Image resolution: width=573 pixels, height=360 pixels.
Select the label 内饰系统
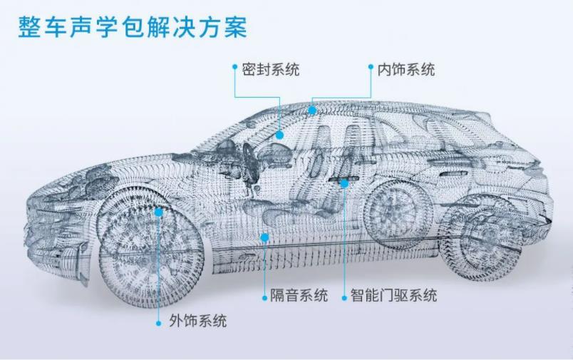[x=406, y=70]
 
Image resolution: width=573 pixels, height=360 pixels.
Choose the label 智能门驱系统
[x=393, y=295]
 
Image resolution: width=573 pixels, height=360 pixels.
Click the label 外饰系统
[x=198, y=321]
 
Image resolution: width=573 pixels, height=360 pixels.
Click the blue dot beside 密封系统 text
[x=235, y=66]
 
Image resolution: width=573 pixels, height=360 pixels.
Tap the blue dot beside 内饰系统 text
[x=371, y=67]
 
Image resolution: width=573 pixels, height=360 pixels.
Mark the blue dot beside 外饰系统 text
[x=159, y=322]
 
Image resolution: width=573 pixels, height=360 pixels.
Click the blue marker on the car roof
[x=312, y=110]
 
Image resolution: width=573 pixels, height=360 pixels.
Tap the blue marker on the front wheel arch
[x=159, y=212]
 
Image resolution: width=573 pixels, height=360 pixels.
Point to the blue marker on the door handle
[x=344, y=183]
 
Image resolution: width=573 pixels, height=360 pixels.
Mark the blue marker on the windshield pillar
[x=280, y=134]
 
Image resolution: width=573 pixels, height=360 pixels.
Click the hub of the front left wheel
[x=149, y=246]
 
